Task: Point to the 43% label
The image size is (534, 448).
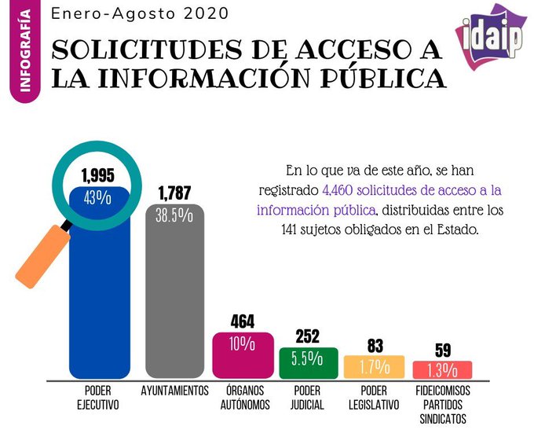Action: pos(98,197)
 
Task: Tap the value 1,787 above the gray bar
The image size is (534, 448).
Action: pos(174,193)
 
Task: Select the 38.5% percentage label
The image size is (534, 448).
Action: pos(174,216)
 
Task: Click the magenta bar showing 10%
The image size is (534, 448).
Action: pos(243,354)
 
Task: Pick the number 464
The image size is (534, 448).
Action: pos(243,321)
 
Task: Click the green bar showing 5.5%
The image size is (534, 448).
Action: pos(308,362)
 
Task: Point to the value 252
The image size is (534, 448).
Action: pos(308,336)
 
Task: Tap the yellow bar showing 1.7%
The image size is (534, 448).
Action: pos(375,366)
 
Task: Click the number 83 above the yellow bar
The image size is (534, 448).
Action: pos(375,345)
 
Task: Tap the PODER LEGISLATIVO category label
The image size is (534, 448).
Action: pos(375,398)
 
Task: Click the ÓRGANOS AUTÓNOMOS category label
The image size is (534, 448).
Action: pos(243,398)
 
